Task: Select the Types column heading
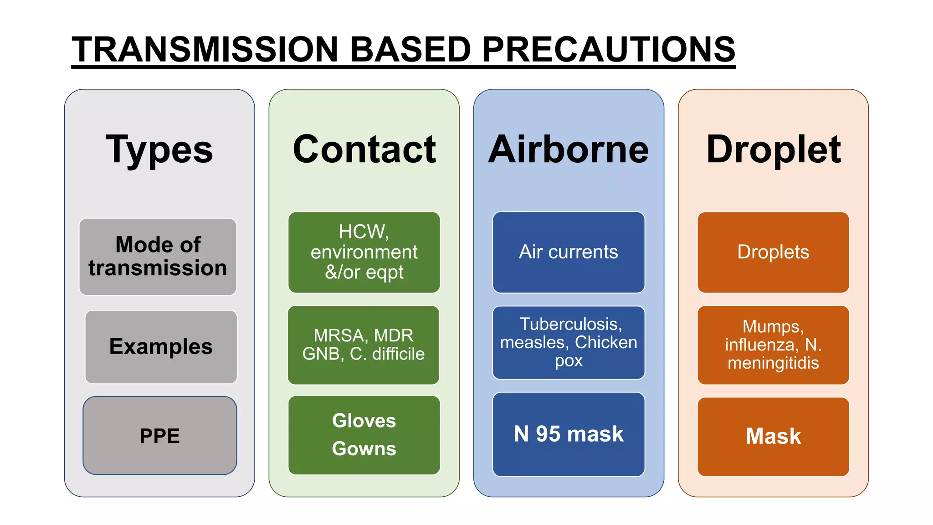coord(159,149)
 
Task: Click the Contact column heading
coord(364,149)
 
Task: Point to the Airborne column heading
coord(569,149)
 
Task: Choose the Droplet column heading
coord(773,149)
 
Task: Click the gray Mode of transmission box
coord(158,257)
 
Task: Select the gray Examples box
coord(161,347)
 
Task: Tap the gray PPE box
coord(160,436)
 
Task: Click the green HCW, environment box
coord(364,252)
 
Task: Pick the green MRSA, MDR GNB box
coord(364,345)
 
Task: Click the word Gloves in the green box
coord(364,421)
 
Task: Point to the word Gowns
coord(364,449)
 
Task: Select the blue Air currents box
coord(569,252)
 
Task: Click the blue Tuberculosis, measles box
coord(569,343)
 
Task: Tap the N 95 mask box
coord(569,434)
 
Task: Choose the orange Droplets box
coord(773,252)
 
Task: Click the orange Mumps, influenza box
coord(773,345)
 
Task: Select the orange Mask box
coord(773,437)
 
